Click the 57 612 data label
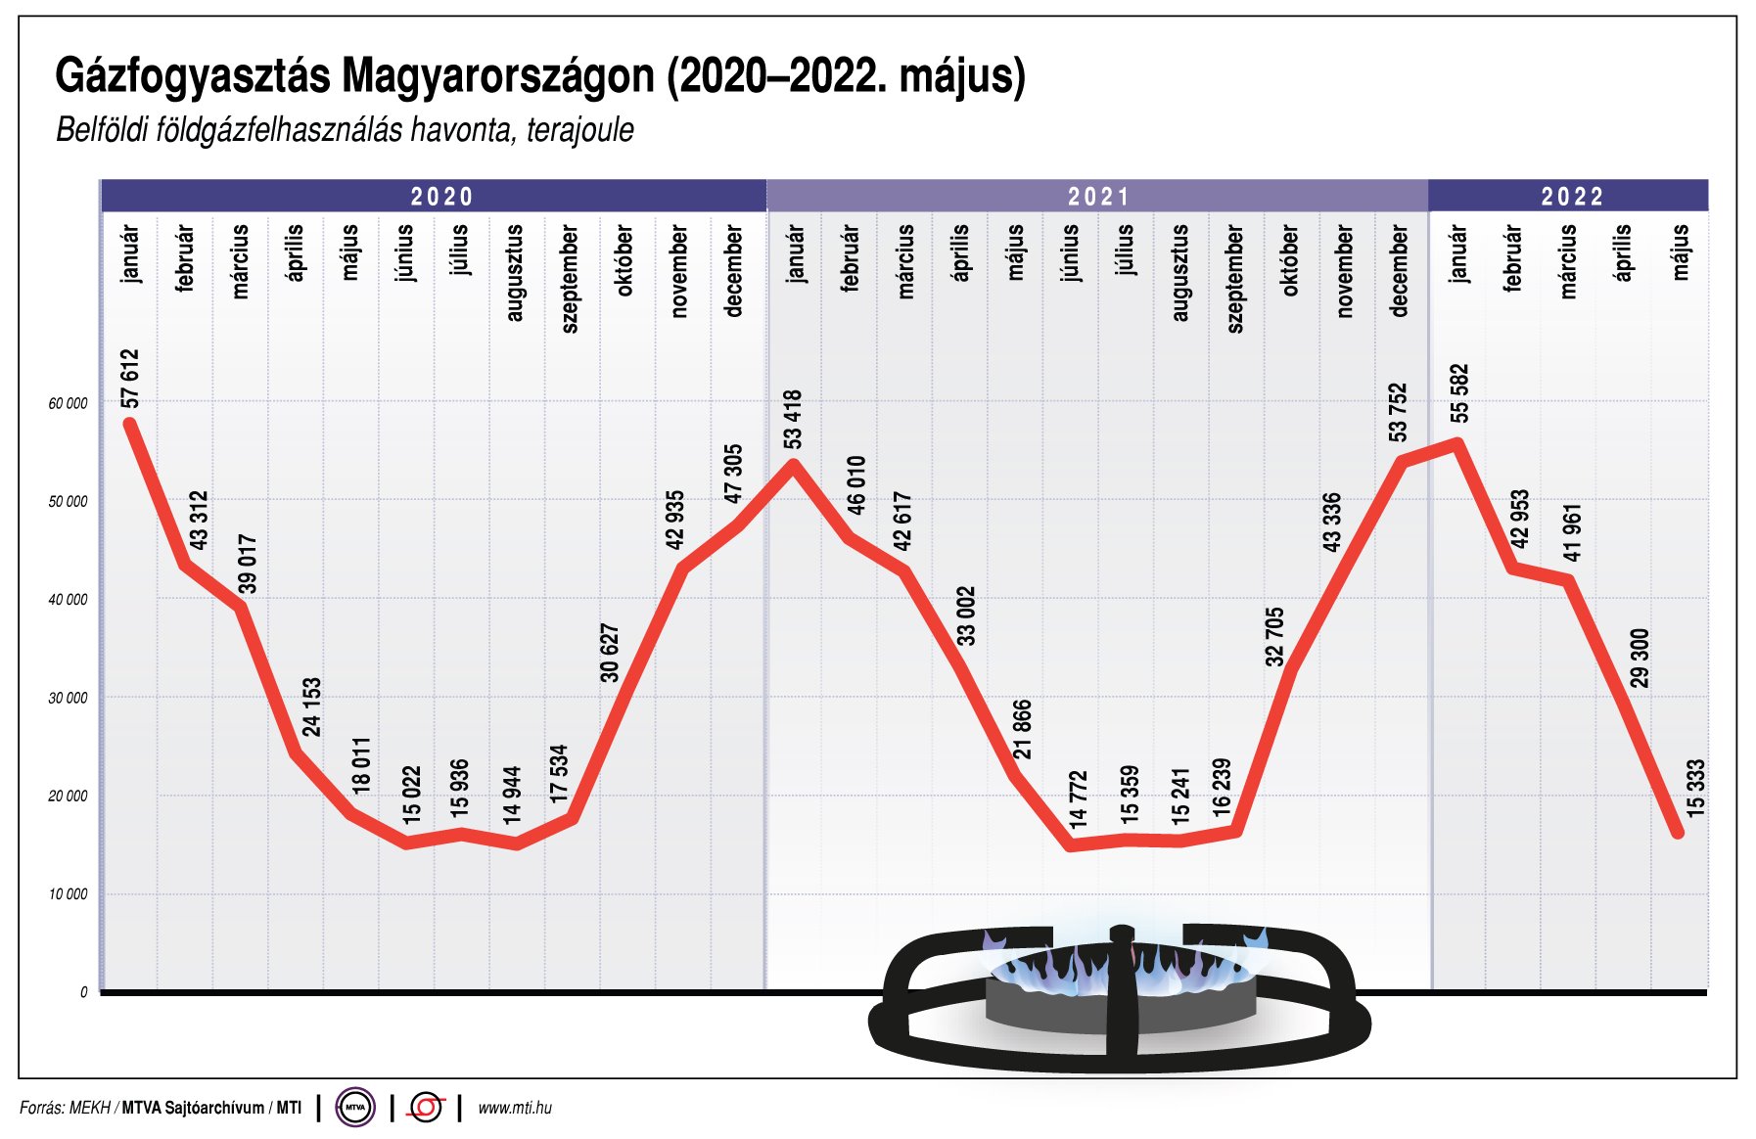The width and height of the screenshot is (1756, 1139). click(x=130, y=379)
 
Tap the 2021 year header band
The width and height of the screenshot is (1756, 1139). click(x=1097, y=197)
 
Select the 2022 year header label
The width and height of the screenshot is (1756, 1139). click(x=1572, y=197)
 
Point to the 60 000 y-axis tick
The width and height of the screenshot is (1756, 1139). click(x=68, y=403)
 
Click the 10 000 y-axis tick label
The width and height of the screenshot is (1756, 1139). click(x=68, y=894)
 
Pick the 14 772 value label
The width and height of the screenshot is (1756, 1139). click(x=1078, y=799)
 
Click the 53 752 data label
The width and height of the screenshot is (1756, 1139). click(x=1398, y=412)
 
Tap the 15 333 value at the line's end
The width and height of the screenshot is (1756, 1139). click(x=1695, y=788)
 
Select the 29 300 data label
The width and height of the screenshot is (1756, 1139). click(x=1640, y=658)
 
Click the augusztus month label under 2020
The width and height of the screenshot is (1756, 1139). click(x=515, y=273)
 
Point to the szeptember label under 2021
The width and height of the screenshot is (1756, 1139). click(x=1235, y=279)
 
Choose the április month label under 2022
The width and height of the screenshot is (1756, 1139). click(x=1623, y=252)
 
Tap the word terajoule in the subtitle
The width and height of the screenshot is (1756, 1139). click(x=579, y=130)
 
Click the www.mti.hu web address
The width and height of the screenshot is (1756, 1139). click(x=515, y=1108)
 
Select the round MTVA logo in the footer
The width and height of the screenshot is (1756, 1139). click(x=355, y=1108)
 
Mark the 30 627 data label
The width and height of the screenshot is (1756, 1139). click(x=610, y=653)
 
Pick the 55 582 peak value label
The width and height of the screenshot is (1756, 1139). click(x=1459, y=393)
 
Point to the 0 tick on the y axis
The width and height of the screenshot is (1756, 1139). click(x=83, y=992)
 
